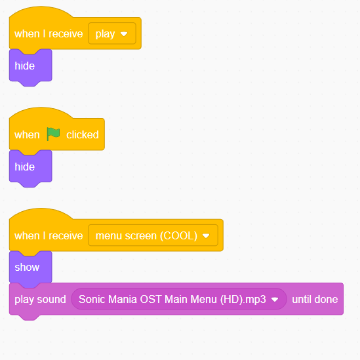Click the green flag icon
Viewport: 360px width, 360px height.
point(53,134)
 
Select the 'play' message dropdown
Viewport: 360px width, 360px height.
point(112,33)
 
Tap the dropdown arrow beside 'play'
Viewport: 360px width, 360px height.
point(124,34)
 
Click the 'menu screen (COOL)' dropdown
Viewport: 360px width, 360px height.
point(153,235)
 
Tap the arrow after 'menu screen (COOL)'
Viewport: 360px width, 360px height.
point(206,236)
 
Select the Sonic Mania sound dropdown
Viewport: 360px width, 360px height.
point(179,299)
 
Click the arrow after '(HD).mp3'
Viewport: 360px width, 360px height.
point(275,300)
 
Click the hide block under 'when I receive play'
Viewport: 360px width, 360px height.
point(31,66)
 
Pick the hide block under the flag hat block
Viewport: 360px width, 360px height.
point(31,167)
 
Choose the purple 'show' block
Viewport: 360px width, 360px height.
point(31,268)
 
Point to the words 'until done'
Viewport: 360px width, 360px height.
point(315,299)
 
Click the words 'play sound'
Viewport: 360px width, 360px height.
point(40,300)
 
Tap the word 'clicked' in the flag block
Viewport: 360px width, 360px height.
point(83,134)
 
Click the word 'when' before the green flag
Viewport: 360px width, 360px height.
point(27,135)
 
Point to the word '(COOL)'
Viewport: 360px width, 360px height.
point(178,236)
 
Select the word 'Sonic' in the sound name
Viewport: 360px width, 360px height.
point(92,299)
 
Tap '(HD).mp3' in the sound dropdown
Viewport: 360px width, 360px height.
point(243,300)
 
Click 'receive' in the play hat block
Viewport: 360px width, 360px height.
point(66,34)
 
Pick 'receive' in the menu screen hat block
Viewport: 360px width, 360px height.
point(66,236)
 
